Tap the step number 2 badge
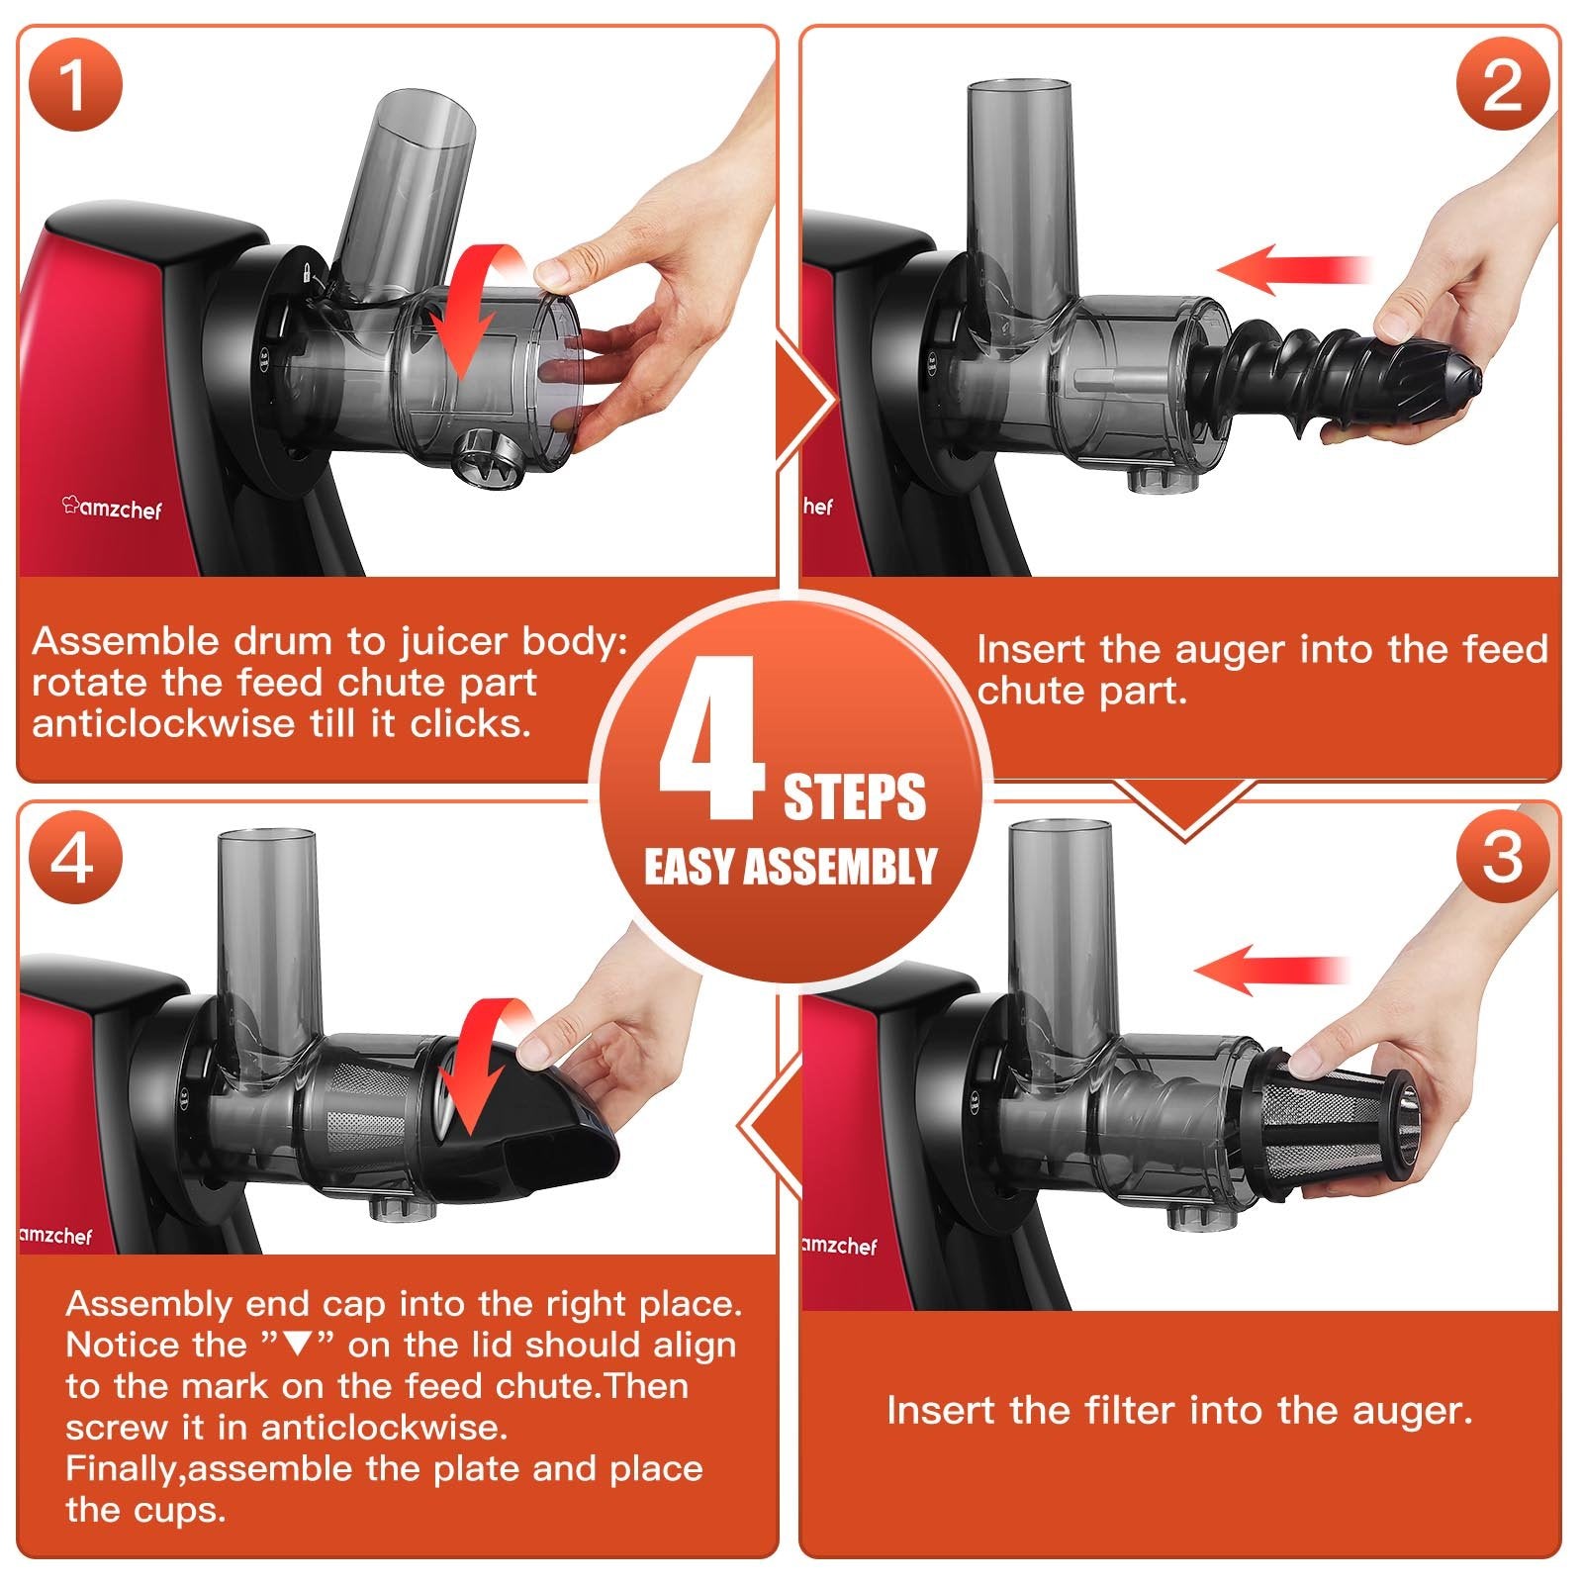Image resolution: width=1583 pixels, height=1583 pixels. (x=1503, y=84)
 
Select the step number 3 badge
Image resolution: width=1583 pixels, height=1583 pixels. (x=1503, y=856)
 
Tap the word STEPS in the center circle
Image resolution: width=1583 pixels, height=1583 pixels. (x=855, y=796)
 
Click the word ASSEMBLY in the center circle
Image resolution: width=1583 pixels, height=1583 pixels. (x=839, y=867)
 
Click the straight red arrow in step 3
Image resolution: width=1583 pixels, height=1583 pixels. (x=1272, y=970)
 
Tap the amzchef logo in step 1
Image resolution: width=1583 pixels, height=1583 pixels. (x=112, y=509)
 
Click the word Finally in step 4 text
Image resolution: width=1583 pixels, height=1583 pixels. (x=124, y=1469)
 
